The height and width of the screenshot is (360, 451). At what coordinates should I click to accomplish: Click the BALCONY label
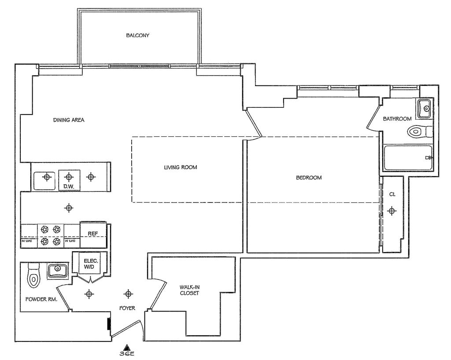137,36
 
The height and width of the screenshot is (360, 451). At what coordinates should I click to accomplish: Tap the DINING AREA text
69,120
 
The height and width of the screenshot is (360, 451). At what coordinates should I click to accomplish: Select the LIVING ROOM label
180,167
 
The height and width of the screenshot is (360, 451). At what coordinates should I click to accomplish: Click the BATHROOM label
397,118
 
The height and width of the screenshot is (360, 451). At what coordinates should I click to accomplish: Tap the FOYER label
127,308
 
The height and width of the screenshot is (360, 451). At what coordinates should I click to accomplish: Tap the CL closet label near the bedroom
392,194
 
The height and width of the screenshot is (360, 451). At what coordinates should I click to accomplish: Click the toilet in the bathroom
419,131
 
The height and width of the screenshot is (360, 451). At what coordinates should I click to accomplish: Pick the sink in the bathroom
425,108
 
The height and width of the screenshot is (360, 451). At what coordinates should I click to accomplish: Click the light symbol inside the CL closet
392,211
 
